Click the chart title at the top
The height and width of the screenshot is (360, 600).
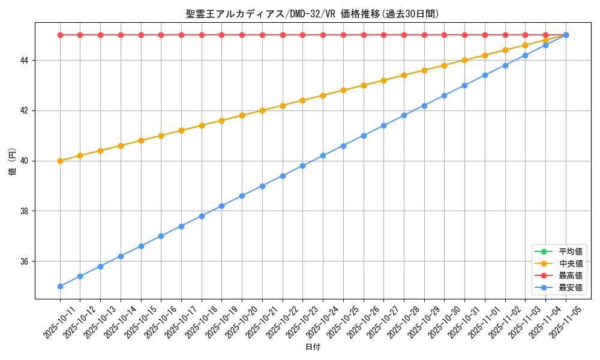pos(312,14)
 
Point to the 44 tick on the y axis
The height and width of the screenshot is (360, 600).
pos(26,61)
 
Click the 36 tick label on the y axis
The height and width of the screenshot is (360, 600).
pos(26,262)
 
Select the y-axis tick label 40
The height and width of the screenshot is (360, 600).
pos(26,161)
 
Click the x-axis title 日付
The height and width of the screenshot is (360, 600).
pos(313,347)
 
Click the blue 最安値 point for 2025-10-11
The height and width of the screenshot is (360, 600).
pos(60,286)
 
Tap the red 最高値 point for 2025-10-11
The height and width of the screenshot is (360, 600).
pos(60,35)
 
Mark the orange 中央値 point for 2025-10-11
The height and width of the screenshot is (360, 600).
pos(60,161)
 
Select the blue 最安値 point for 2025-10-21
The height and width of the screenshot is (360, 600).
pos(262,186)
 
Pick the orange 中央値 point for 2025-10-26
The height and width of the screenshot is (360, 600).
pos(364,85)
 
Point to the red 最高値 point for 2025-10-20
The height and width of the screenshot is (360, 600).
pos(242,35)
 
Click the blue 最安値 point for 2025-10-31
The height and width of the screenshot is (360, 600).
pos(464,85)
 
